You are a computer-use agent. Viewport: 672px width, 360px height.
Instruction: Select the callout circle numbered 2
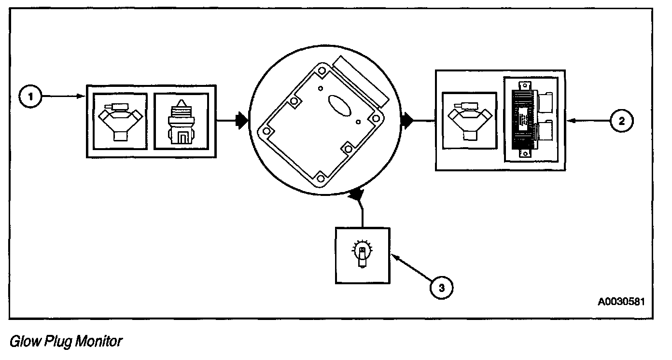pos(621,122)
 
